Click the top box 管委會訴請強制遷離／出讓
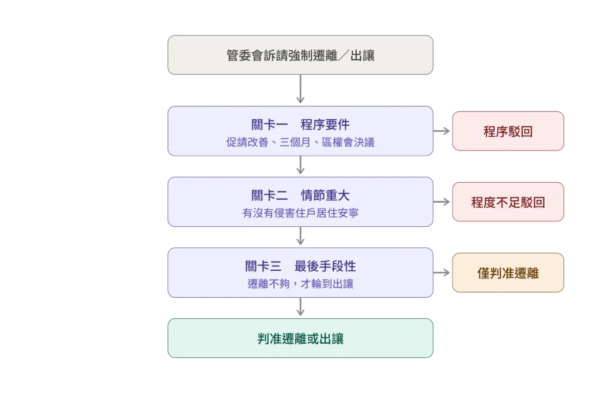pyautogui.click(x=300, y=55)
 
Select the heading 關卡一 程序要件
pyautogui.click(x=300, y=125)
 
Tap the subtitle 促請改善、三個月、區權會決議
pyautogui.click(x=300, y=142)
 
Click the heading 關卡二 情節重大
pyautogui.click(x=300, y=196)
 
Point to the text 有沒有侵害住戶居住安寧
pyautogui.click(x=300, y=213)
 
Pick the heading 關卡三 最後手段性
pyautogui.click(x=300, y=266)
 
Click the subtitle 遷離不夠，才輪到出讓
pyautogui.click(x=300, y=284)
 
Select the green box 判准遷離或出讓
pyautogui.click(x=300, y=338)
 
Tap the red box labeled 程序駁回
pyautogui.click(x=508, y=131)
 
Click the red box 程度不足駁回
pyautogui.click(x=508, y=202)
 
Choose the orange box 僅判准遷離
pyautogui.click(x=508, y=273)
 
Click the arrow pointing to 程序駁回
pyautogui.click(x=441, y=131)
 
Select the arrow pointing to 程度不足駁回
pyautogui.click(x=441, y=202)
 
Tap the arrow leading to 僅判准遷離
pyautogui.click(x=441, y=273)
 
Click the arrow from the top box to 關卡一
pyautogui.click(x=300, y=89)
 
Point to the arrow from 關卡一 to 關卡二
pyautogui.click(x=300, y=165)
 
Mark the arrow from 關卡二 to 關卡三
pyautogui.click(x=300, y=236)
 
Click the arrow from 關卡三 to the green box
pyautogui.click(x=300, y=307)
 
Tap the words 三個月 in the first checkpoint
pyautogui.click(x=295, y=142)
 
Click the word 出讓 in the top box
pyautogui.click(x=362, y=55)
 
